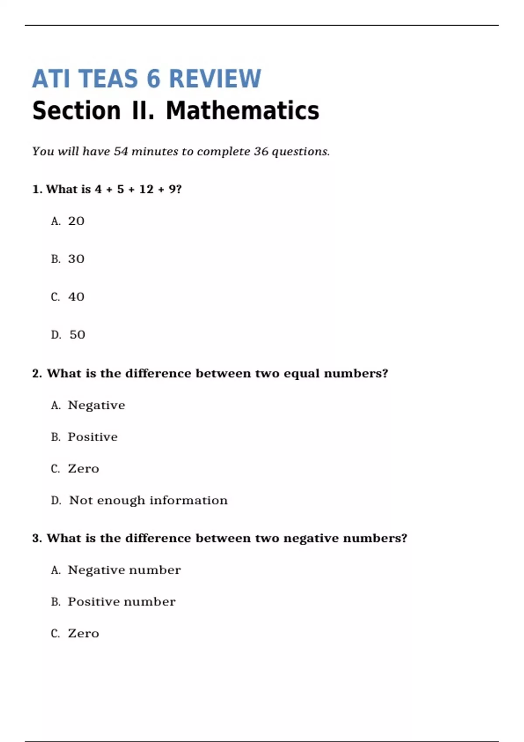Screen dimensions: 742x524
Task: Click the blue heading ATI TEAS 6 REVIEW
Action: [x=147, y=79]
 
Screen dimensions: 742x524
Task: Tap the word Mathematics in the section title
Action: [x=242, y=111]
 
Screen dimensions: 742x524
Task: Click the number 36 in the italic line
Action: [x=261, y=151]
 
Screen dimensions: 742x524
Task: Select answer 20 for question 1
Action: [x=76, y=221]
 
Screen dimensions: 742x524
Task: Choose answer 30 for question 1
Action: [x=76, y=259]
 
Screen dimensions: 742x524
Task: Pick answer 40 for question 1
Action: [x=76, y=297]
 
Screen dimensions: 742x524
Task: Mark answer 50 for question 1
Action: [x=77, y=335]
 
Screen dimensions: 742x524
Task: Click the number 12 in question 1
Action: [x=146, y=189]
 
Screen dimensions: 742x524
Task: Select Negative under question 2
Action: [x=96, y=405]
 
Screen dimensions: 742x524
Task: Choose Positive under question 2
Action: [x=93, y=437]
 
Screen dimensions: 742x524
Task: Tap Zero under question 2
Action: [x=83, y=469]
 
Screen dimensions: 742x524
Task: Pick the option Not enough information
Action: [x=148, y=501]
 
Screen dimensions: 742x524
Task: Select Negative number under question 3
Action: [x=124, y=570]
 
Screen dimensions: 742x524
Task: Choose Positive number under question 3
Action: [x=121, y=602]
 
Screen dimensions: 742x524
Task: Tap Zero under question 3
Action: [x=83, y=634]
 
